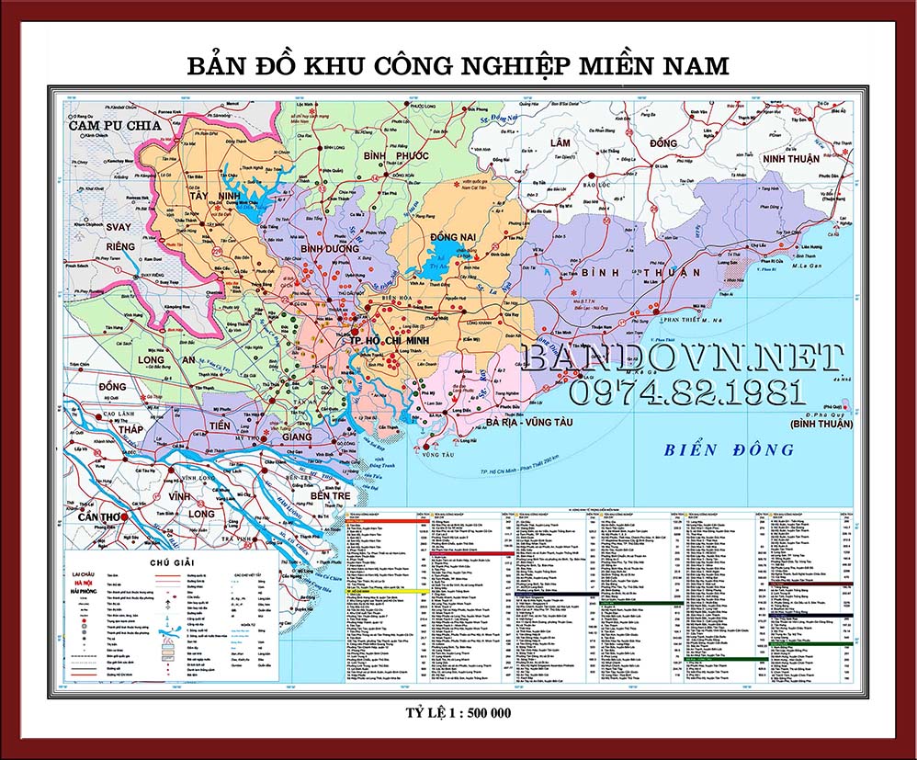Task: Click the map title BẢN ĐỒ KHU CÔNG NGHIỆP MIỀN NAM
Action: coord(458,67)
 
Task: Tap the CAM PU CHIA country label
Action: coord(115,125)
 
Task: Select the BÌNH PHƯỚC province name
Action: coord(396,156)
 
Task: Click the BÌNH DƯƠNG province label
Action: coord(329,248)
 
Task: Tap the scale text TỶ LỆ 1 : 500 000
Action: coord(458,712)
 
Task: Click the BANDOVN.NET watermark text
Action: coord(682,358)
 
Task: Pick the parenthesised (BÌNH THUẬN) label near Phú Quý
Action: coord(821,425)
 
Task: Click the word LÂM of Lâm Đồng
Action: coord(560,143)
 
